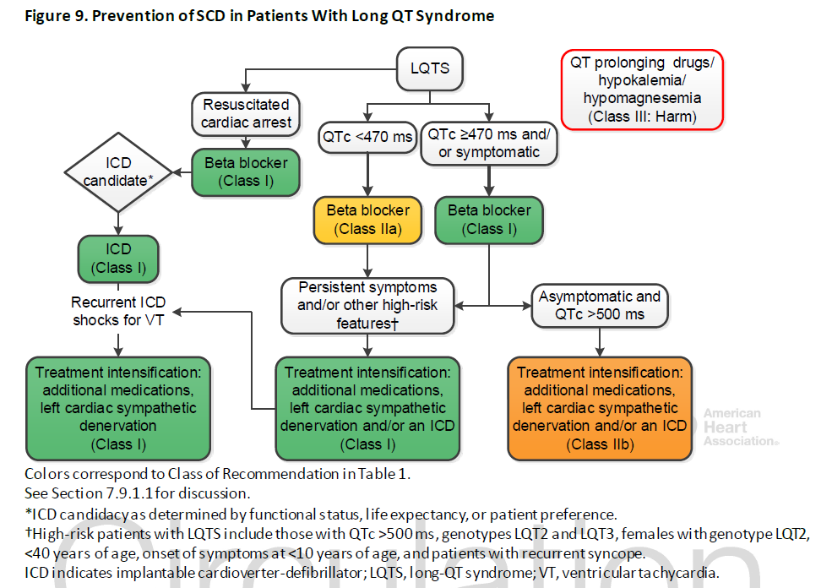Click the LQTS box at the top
pyautogui.click(x=430, y=68)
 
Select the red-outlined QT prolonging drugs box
pyautogui.click(x=642, y=90)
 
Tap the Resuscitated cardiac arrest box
pyautogui.click(x=246, y=113)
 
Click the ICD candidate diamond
pyautogui.click(x=118, y=172)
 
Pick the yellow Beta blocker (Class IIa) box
pyautogui.click(x=367, y=220)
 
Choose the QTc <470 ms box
pyautogui.click(x=367, y=137)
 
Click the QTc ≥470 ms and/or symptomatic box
pyautogui.click(x=489, y=144)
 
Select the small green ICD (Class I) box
pyautogui.click(x=118, y=259)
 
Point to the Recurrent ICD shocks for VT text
pyautogui.click(x=118, y=311)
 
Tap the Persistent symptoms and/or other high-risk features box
pyautogui.click(x=367, y=306)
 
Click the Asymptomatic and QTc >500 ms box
pyautogui.click(x=600, y=306)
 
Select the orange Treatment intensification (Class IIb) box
pyautogui.click(x=600, y=408)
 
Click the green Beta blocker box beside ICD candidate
pyautogui.click(x=246, y=172)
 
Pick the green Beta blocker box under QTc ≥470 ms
pyautogui.click(x=489, y=220)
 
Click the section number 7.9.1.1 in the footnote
pyautogui.click(x=129, y=493)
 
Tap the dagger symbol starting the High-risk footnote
pyautogui.click(x=28, y=533)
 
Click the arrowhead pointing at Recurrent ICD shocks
pyautogui.click(x=177, y=312)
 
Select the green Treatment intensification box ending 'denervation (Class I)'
pyautogui.click(x=118, y=408)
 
